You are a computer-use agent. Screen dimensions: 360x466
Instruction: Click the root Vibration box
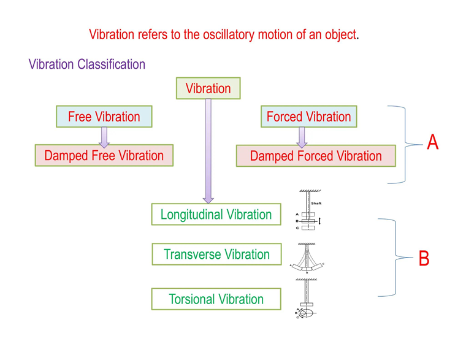click(208, 88)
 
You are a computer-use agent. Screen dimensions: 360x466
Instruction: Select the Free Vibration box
click(104, 117)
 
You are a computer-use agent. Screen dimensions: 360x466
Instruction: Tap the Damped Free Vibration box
click(104, 156)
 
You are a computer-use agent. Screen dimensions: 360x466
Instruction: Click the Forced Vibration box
click(308, 117)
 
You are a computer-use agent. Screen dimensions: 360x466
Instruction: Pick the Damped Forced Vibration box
click(316, 156)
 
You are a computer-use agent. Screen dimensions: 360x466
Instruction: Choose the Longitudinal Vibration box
click(216, 215)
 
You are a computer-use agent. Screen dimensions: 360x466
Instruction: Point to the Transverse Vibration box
click(216, 255)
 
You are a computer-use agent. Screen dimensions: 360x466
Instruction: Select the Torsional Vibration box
click(216, 299)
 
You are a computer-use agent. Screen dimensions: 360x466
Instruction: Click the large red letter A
click(433, 143)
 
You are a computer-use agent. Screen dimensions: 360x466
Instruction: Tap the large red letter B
click(424, 259)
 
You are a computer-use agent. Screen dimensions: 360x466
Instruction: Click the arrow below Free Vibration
click(104, 137)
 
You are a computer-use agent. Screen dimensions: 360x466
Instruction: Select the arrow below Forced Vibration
click(302, 137)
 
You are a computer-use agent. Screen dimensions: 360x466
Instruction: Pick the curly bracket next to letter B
click(392, 258)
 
